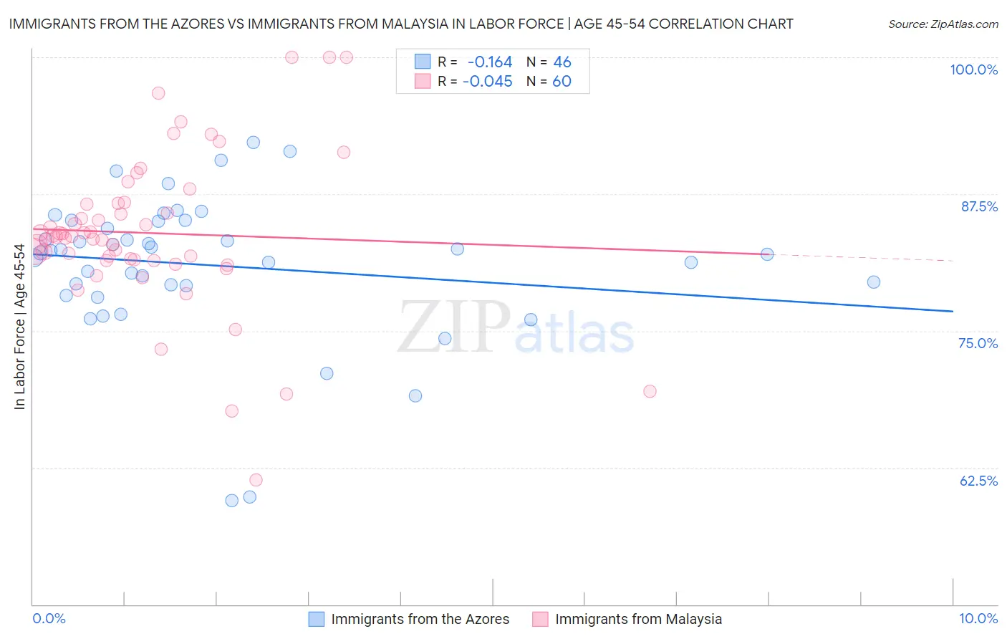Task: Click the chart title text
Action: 401,24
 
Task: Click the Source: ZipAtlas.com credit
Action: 943,24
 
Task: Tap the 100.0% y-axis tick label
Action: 973,69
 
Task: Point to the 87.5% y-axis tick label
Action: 978,206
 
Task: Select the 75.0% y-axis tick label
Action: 978,343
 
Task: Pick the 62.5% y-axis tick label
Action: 978,481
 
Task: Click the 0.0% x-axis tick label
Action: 49,618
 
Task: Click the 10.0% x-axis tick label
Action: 978,618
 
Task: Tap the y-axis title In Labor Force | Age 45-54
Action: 19,327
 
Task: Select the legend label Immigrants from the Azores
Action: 420,619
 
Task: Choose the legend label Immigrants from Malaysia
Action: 638,619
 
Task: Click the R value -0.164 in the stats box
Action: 490,62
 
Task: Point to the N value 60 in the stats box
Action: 562,82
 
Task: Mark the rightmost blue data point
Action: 873,282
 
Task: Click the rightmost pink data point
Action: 650,391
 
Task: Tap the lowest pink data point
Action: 256,480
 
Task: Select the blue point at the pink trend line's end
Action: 767,254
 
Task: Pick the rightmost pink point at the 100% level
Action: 346,57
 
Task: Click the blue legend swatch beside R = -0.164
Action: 423,62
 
